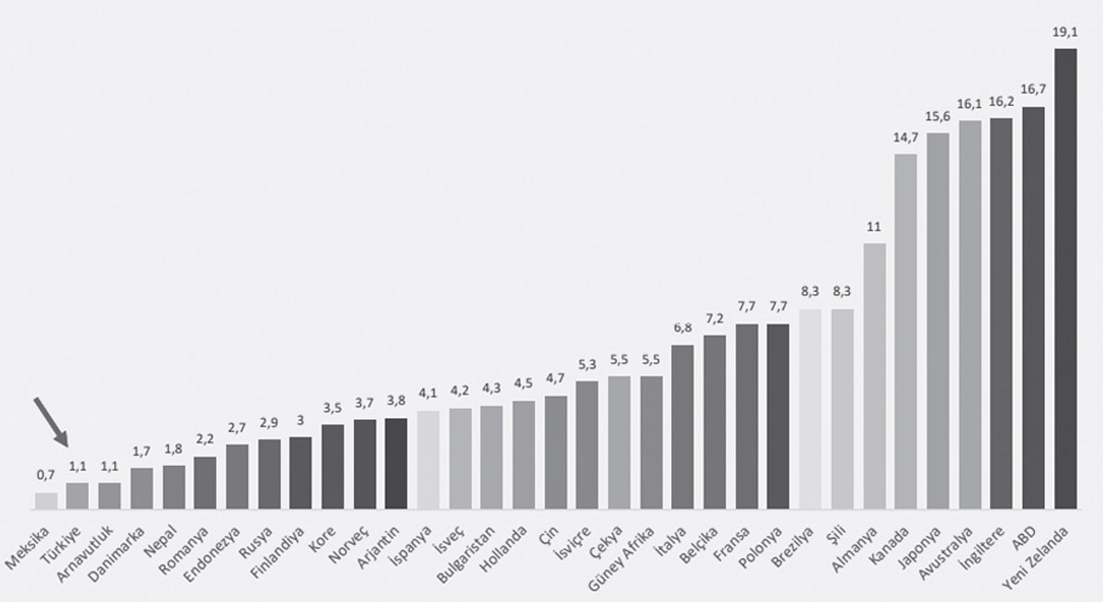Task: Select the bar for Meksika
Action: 46,501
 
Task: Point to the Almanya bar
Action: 874,376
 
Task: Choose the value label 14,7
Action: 905,137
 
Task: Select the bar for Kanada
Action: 905,331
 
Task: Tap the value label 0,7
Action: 46,475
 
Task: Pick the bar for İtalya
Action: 683,427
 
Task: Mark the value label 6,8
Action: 683,328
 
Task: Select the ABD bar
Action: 1033,308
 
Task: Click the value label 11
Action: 874,226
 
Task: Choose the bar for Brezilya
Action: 811,409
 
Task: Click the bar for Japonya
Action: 938,321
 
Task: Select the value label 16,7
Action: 1033,90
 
